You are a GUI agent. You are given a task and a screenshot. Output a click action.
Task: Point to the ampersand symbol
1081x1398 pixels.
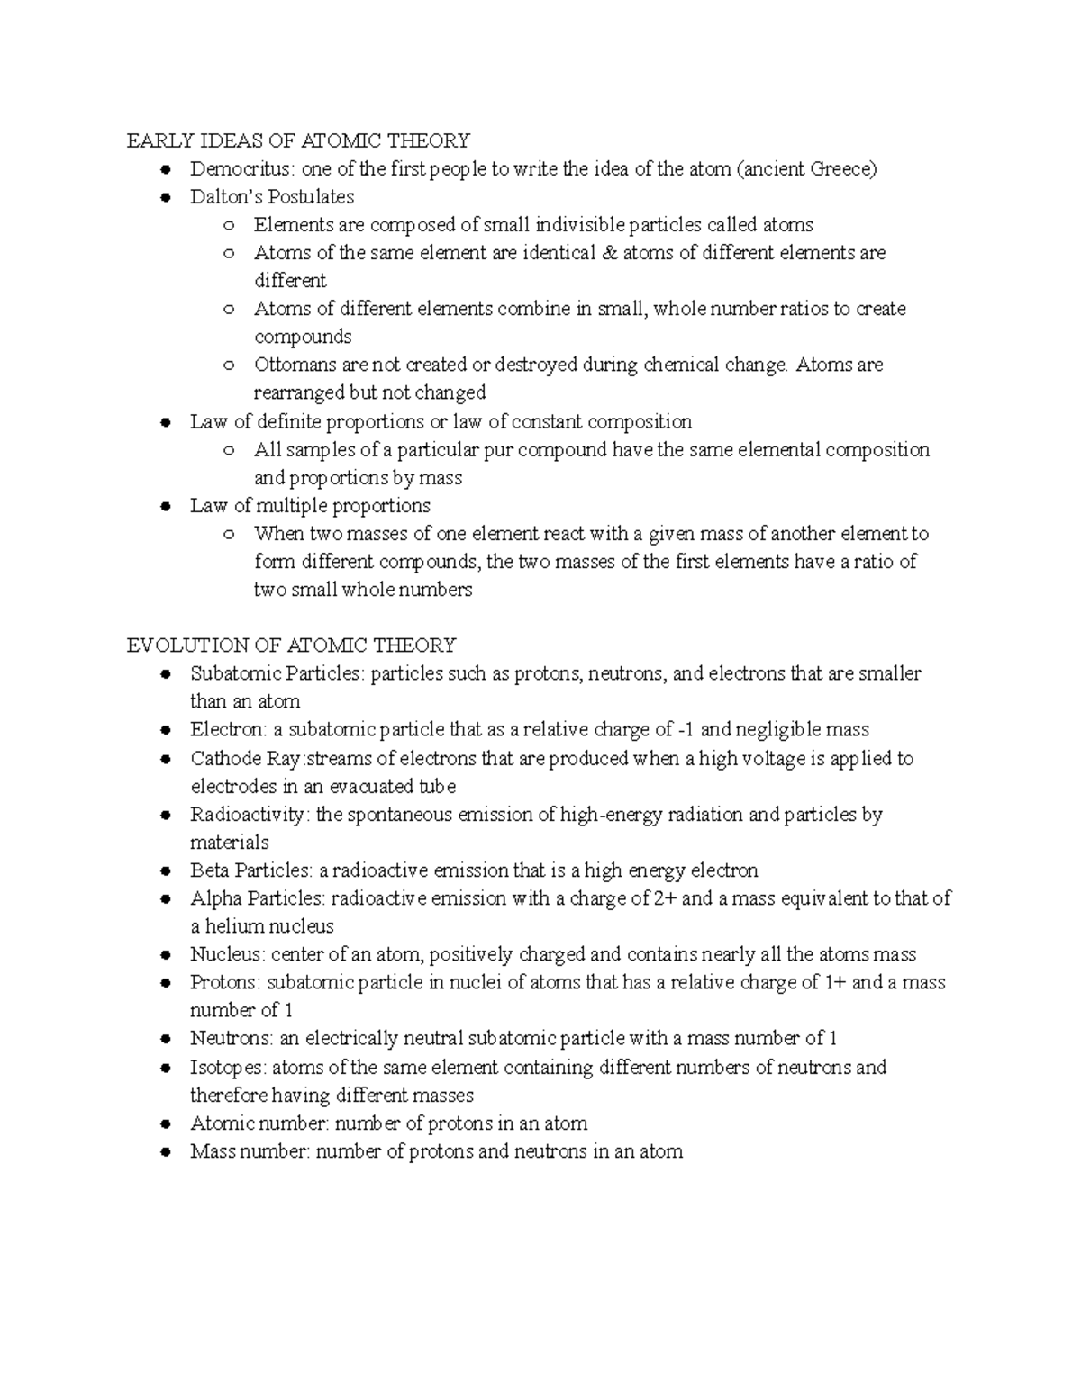tap(609, 253)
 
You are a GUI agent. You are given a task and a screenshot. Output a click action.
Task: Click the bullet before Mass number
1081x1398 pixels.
tap(165, 1152)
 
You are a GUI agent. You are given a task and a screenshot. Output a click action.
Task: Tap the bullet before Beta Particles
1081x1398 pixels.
tap(165, 871)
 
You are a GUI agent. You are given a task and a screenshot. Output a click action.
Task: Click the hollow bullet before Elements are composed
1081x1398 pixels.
tap(230, 225)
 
